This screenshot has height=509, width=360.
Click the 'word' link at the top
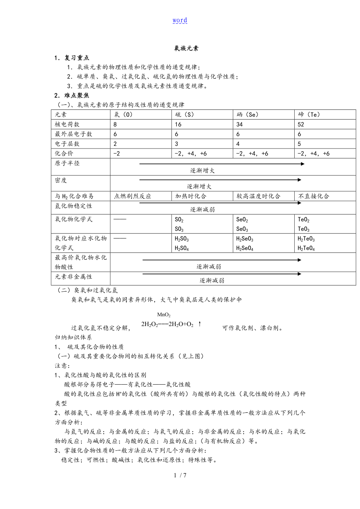[x=180, y=20]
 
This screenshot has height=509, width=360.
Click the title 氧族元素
[x=186, y=48]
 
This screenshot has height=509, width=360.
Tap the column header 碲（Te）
[x=309, y=115]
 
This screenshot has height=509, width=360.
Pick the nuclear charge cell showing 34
[x=240, y=124]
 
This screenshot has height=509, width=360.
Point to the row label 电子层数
[x=67, y=143]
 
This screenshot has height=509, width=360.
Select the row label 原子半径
[x=67, y=163]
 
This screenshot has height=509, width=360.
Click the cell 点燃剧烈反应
[x=132, y=196]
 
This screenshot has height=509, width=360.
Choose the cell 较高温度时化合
[x=258, y=196]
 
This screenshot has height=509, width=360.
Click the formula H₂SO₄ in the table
[x=182, y=248]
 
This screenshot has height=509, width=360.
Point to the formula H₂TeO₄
[x=306, y=248]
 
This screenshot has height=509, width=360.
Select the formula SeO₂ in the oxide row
[x=242, y=220]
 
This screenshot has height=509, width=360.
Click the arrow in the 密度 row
[x=220, y=180]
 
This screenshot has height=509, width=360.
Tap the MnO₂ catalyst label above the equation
[x=164, y=315]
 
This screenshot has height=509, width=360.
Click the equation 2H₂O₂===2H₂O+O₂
[x=167, y=324]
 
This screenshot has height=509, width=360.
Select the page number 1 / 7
[x=180, y=475]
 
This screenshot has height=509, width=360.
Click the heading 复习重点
[x=77, y=58]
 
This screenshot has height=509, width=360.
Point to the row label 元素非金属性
[x=74, y=276]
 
